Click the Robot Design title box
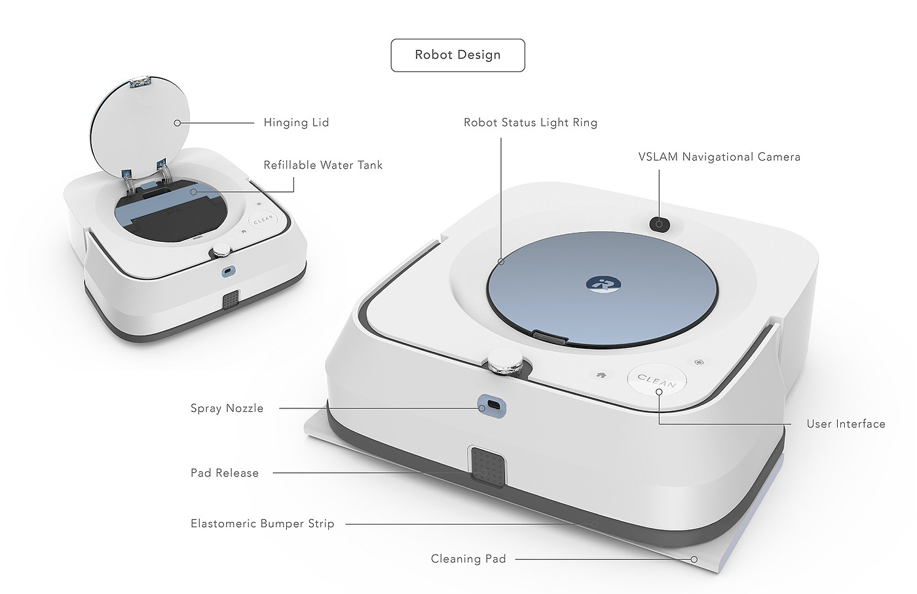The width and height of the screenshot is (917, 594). click(x=458, y=55)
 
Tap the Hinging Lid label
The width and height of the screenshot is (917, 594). click(x=296, y=123)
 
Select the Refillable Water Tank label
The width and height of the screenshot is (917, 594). click(x=323, y=165)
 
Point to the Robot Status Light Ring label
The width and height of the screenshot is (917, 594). click(x=531, y=123)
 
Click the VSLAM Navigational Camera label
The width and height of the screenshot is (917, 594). click(x=719, y=157)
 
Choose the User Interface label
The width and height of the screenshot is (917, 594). click(x=846, y=424)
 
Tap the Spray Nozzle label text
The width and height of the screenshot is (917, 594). click(x=227, y=408)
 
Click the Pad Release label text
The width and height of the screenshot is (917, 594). click(x=225, y=473)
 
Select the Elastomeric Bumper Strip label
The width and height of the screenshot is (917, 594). click(x=263, y=524)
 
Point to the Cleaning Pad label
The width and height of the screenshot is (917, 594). click(x=468, y=559)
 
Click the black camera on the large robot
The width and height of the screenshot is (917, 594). click(x=660, y=224)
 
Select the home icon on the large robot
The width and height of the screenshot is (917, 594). click(x=601, y=376)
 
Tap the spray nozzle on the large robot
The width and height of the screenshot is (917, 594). click(x=491, y=406)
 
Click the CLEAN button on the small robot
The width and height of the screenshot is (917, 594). click(x=263, y=220)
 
